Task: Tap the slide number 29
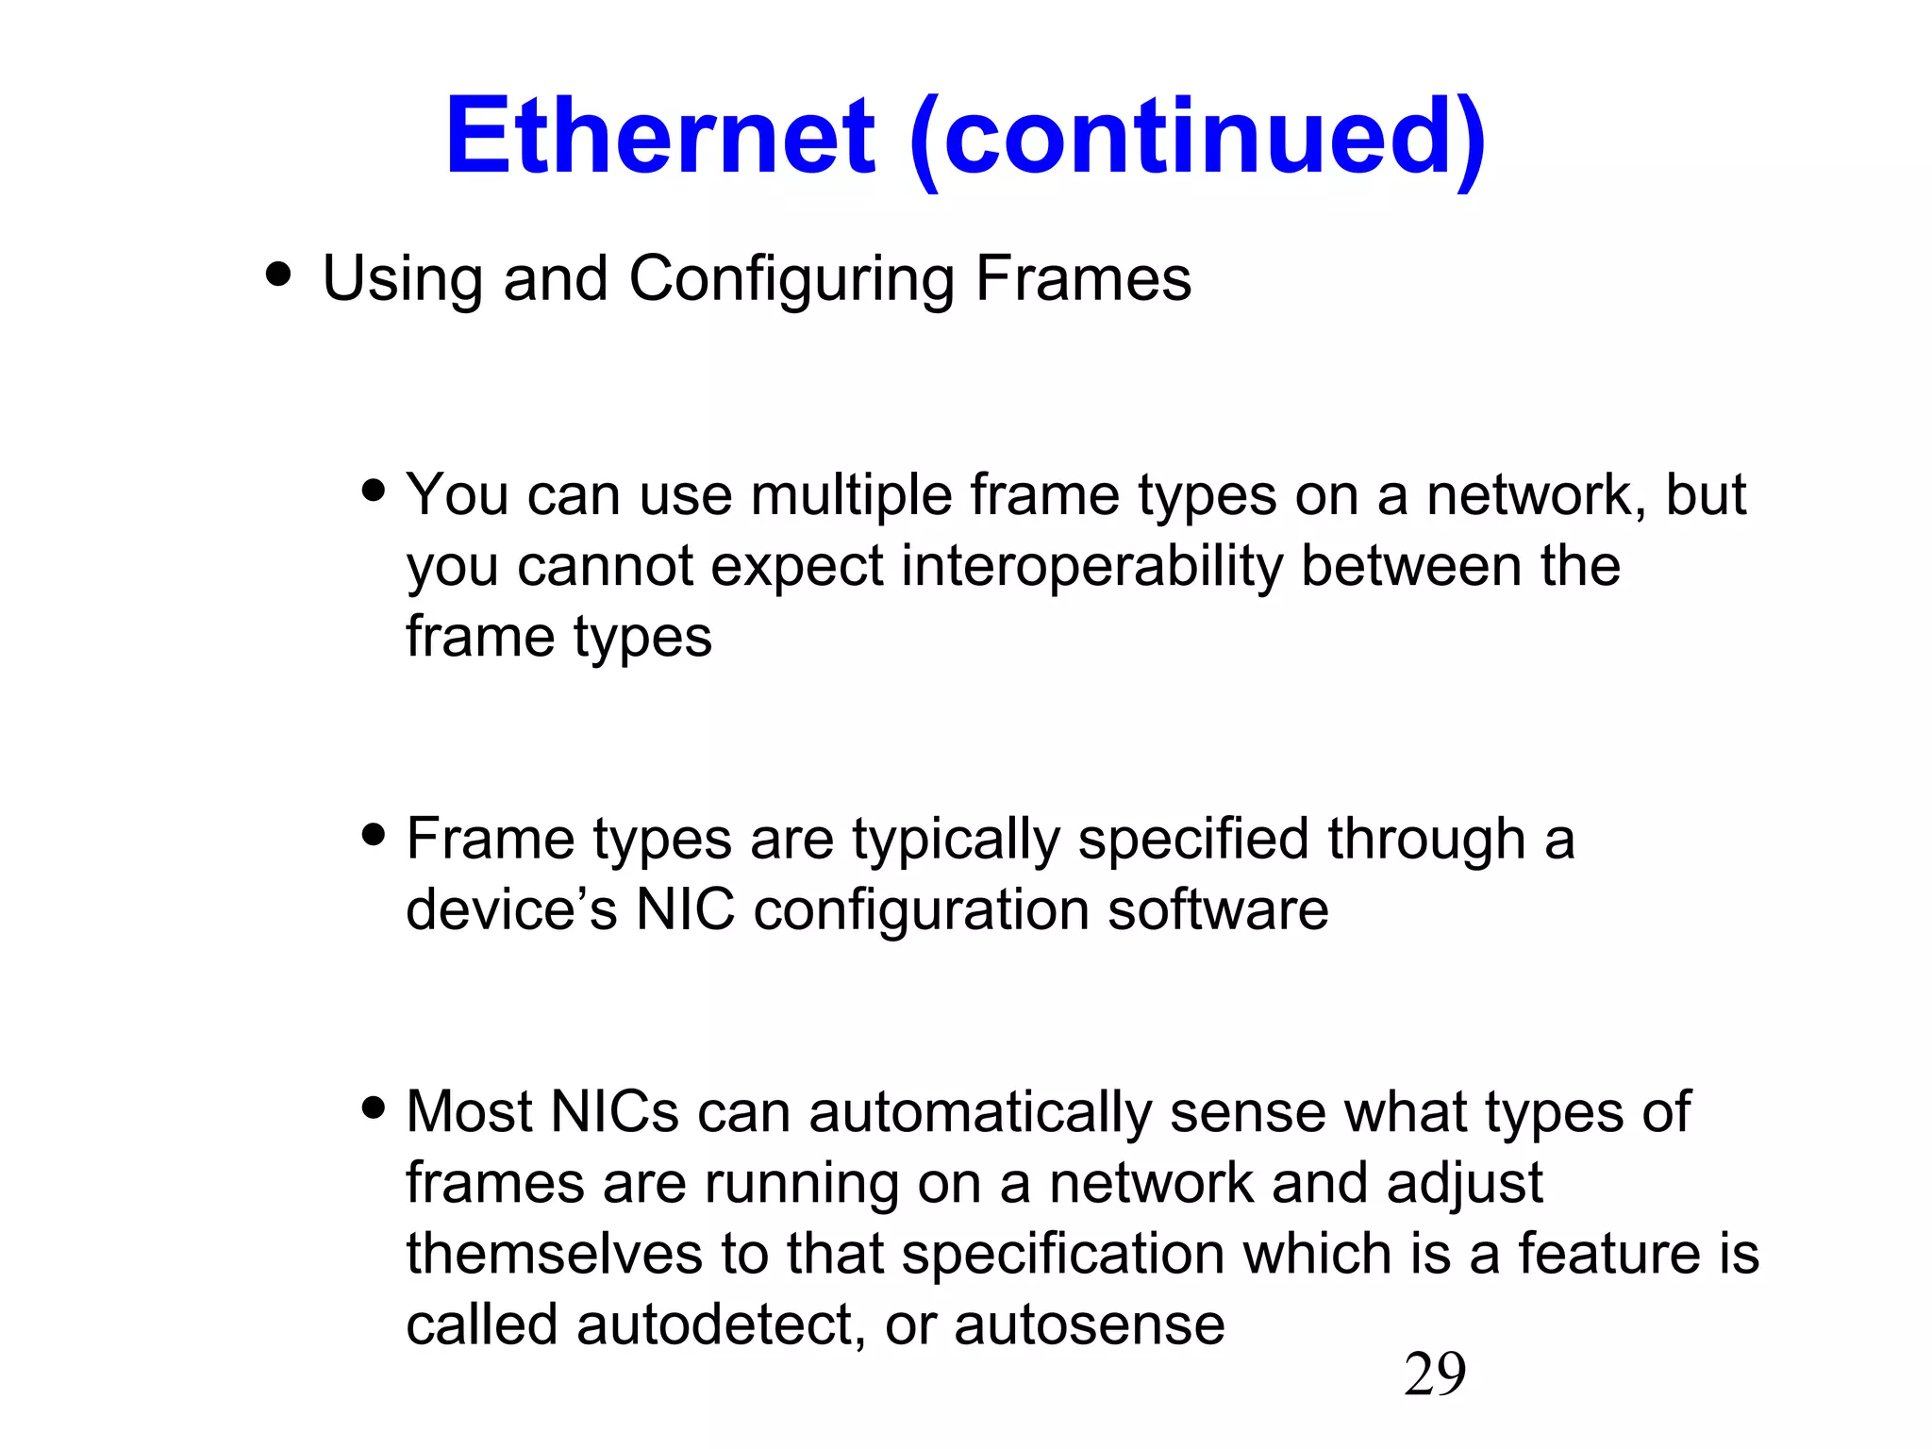coord(1434,1374)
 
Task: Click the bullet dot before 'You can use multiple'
coord(374,491)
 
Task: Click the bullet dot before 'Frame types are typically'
coord(374,835)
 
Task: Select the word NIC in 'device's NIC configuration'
coord(685,909)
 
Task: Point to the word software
coord(1218,909)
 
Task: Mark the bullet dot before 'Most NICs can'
coord(374,1108)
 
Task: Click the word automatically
coord(980,1113)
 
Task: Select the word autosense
coord(1090,1324)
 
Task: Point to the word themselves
coord(555,1254)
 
